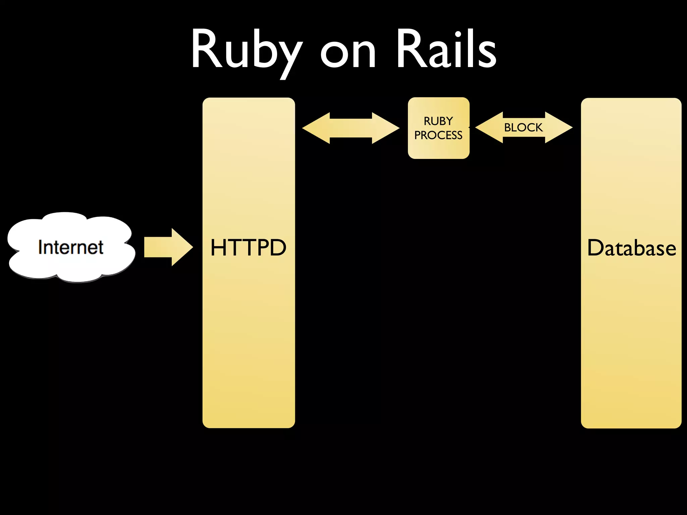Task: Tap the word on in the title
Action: click(348, 54)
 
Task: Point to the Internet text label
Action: click(71, 247)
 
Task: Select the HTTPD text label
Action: click(248, 248)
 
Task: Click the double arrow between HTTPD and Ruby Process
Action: click(351, 128)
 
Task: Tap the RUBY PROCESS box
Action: click(438, 148)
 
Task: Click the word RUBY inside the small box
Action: click(438, 121)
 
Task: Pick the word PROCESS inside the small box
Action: click(438, 135)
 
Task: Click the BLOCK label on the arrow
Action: click(523, 127)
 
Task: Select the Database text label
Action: click(631, 248)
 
